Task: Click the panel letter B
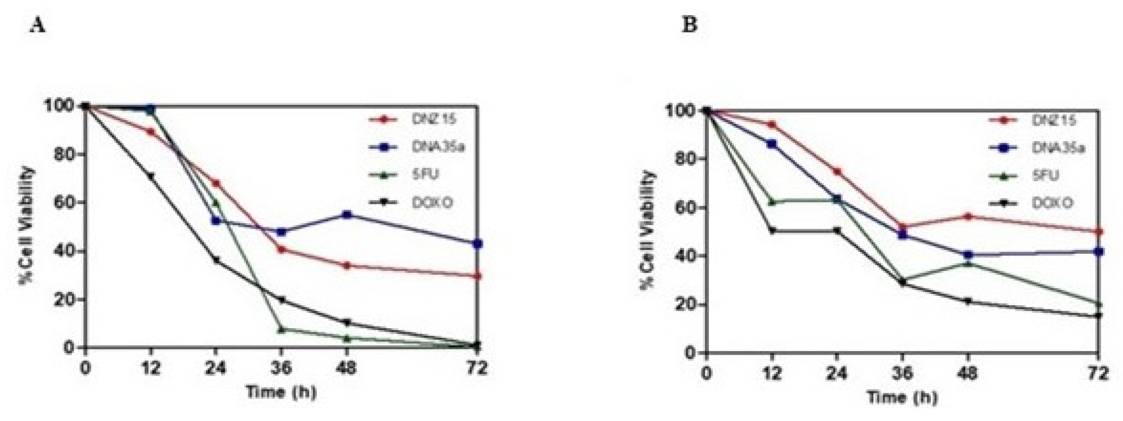(x=689, y=25)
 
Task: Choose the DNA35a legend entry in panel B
(x=1058, y=148)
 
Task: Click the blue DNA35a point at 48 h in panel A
(x=347, y=215)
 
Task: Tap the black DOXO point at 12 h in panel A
(x=151, y=176)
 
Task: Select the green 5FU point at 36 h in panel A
(x=282, y=329)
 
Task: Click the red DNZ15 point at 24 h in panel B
(x=836, y=172)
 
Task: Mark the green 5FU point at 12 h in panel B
(x=772, y=202)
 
